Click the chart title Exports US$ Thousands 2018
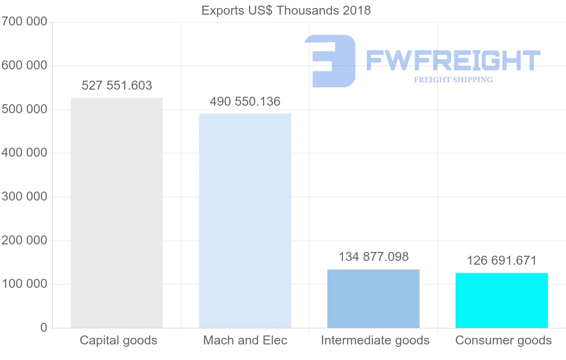[286, 10]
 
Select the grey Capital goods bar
[117, 212]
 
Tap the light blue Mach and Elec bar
[245, 221]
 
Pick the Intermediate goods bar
[373, 298]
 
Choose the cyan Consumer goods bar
[501, 300]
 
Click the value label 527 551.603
[117, 85]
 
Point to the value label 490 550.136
[245, 101]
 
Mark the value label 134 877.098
[374, 257]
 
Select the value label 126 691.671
[502, 260]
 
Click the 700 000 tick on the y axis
[24, 22]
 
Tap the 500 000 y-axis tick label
[24, 109]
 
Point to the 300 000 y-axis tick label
[24, 197]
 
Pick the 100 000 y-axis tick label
[24, 284]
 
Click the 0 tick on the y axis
[44, 327]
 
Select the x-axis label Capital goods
[118, 340]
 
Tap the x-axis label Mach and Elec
[245, 340]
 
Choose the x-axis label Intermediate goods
[375, 340]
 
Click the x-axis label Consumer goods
[503, 340]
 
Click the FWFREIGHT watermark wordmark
[453, 60]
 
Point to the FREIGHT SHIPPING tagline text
[453, 80]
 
